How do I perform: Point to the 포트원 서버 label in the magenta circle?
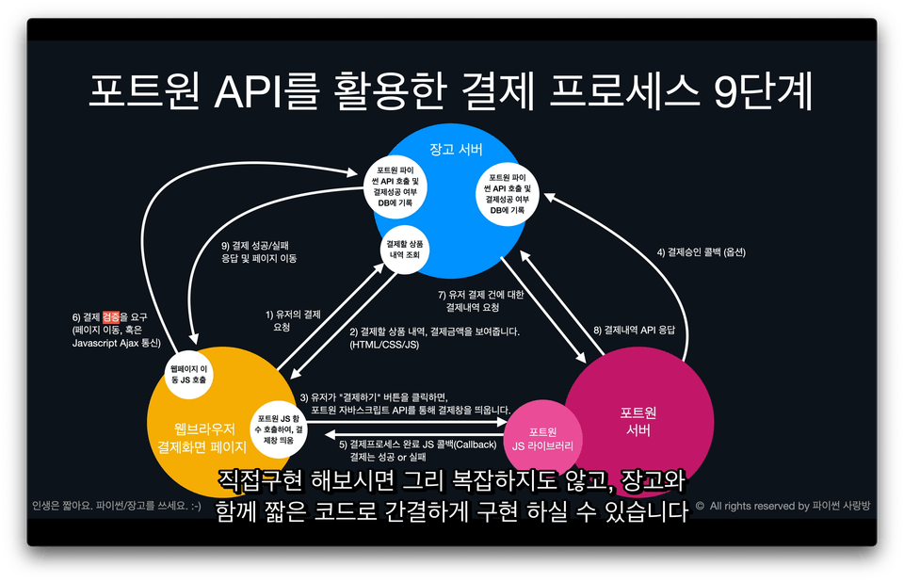click(638, 421)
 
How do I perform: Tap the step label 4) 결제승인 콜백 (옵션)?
click(701, 252)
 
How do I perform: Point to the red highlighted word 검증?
click(112, 316)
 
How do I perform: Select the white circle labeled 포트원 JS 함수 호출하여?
click(280, 424)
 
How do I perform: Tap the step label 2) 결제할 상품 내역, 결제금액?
click(434, 338)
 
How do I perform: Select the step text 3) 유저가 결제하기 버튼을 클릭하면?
click(405, 403)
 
